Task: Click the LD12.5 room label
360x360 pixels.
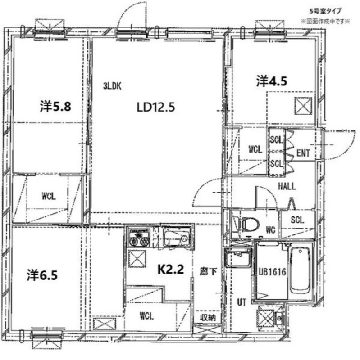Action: point(155,107)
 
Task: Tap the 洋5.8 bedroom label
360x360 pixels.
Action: point(55,107)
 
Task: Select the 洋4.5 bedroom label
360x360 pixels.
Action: point(272,81)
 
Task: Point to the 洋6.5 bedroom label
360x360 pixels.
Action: point(42,275)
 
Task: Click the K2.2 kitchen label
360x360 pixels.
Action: point(171,269)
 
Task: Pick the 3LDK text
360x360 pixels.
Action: point(112,86)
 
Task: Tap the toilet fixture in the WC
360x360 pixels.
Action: point(245,224)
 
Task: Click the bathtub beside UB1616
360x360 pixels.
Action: point(300,271)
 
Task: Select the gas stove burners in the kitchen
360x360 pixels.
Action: point(139,238)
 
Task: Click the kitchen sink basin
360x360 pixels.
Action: point(177,238)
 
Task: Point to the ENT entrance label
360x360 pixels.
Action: point(303,153)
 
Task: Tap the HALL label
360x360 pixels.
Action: point(287,186)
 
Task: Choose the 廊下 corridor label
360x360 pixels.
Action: point(208,272)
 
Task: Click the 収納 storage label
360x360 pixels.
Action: point(208,318)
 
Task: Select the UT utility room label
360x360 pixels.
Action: point(242,302)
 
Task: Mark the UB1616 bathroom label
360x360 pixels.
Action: point(273,272)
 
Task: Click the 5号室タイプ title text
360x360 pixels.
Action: point(325,10)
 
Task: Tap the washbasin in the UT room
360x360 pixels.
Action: point(238,258)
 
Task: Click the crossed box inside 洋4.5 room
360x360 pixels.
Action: point(303,106)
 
